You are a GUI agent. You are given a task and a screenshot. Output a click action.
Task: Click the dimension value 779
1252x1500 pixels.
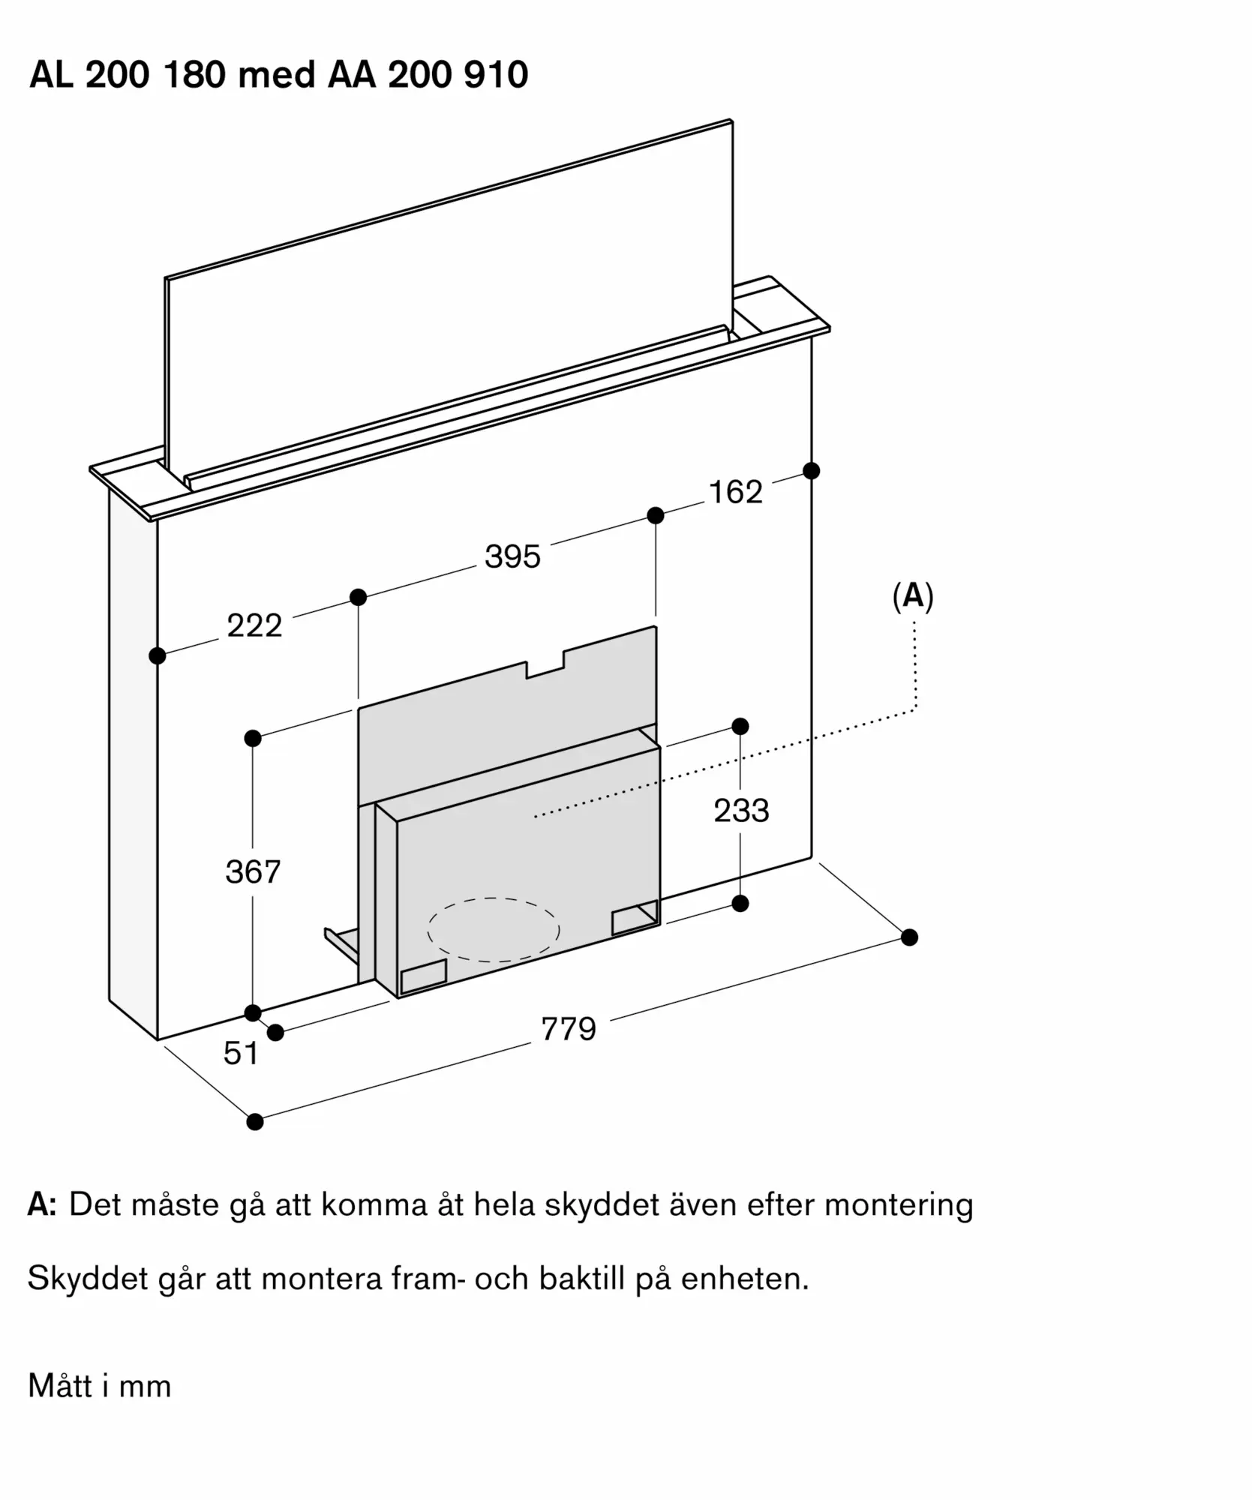point(569,1028)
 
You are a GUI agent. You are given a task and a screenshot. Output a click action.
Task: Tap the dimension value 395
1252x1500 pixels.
point(512,556)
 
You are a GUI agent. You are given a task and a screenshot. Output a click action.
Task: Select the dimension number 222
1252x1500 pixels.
point(254,625)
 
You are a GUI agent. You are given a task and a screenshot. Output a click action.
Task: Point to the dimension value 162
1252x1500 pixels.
point(735,492)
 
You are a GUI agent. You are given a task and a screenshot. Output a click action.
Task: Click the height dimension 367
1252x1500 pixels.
point(253,871)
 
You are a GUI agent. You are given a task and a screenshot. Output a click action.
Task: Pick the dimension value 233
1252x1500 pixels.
point(741,811)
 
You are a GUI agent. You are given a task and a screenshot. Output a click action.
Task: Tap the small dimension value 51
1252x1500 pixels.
point(241,1053)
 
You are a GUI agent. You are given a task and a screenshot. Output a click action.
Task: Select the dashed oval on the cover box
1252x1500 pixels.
point(494,929)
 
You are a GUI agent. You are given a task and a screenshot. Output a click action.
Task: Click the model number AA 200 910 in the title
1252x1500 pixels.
point(428,75)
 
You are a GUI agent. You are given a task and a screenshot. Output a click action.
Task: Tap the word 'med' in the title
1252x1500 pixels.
point(277,75)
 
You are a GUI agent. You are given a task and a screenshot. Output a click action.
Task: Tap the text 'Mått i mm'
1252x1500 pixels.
point(100,1386)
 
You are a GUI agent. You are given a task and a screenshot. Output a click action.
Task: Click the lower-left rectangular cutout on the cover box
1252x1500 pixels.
point(424,976)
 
